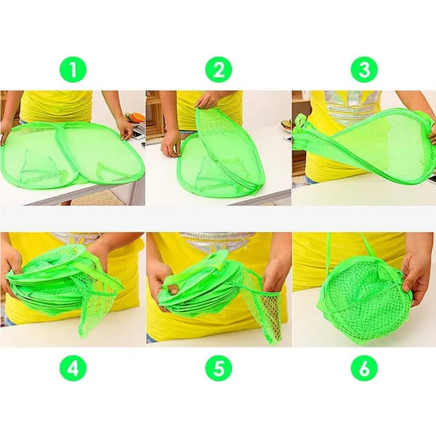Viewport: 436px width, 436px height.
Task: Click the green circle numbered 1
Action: [x=73, y=69]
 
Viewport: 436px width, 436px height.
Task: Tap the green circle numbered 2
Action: [x=219, y=69]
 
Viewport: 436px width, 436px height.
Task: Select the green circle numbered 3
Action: [x=364, y=69]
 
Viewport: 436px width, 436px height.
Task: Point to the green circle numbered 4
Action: [x=73, y=368]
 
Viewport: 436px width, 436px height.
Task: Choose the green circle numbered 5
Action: [x=219, y=368]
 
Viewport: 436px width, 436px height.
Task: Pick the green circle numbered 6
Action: [x=364, y=368]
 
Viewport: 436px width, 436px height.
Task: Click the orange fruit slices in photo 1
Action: [x=137, y=118]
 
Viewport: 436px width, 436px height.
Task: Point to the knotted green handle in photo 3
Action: [x=302, y=124]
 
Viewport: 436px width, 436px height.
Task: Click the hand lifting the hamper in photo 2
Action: [x=208, y=100]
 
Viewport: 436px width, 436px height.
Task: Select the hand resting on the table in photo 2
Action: [x=171, y=145]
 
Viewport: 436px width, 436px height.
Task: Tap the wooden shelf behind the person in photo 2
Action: [x=155, y=118]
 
